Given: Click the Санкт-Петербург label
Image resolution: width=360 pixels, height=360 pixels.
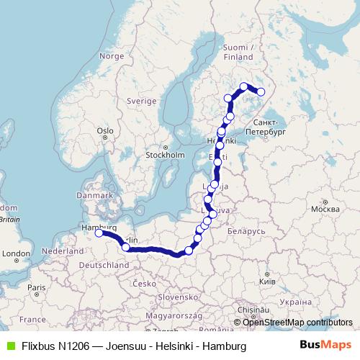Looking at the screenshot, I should pos(266,128).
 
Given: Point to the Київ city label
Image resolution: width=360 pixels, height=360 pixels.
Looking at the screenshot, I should pos(266,279).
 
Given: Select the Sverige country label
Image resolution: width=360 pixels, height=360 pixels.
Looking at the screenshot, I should pos(141,102).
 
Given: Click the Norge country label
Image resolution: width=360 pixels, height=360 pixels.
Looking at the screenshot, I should pos(112,55).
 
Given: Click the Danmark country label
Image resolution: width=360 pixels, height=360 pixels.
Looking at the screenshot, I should pos(96,195).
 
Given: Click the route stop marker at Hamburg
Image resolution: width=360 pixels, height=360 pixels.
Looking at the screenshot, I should pos(99,233).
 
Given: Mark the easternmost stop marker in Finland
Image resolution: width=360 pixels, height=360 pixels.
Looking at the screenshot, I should pos(261,91).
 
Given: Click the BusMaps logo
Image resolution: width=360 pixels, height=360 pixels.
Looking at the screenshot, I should pos(325,346).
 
